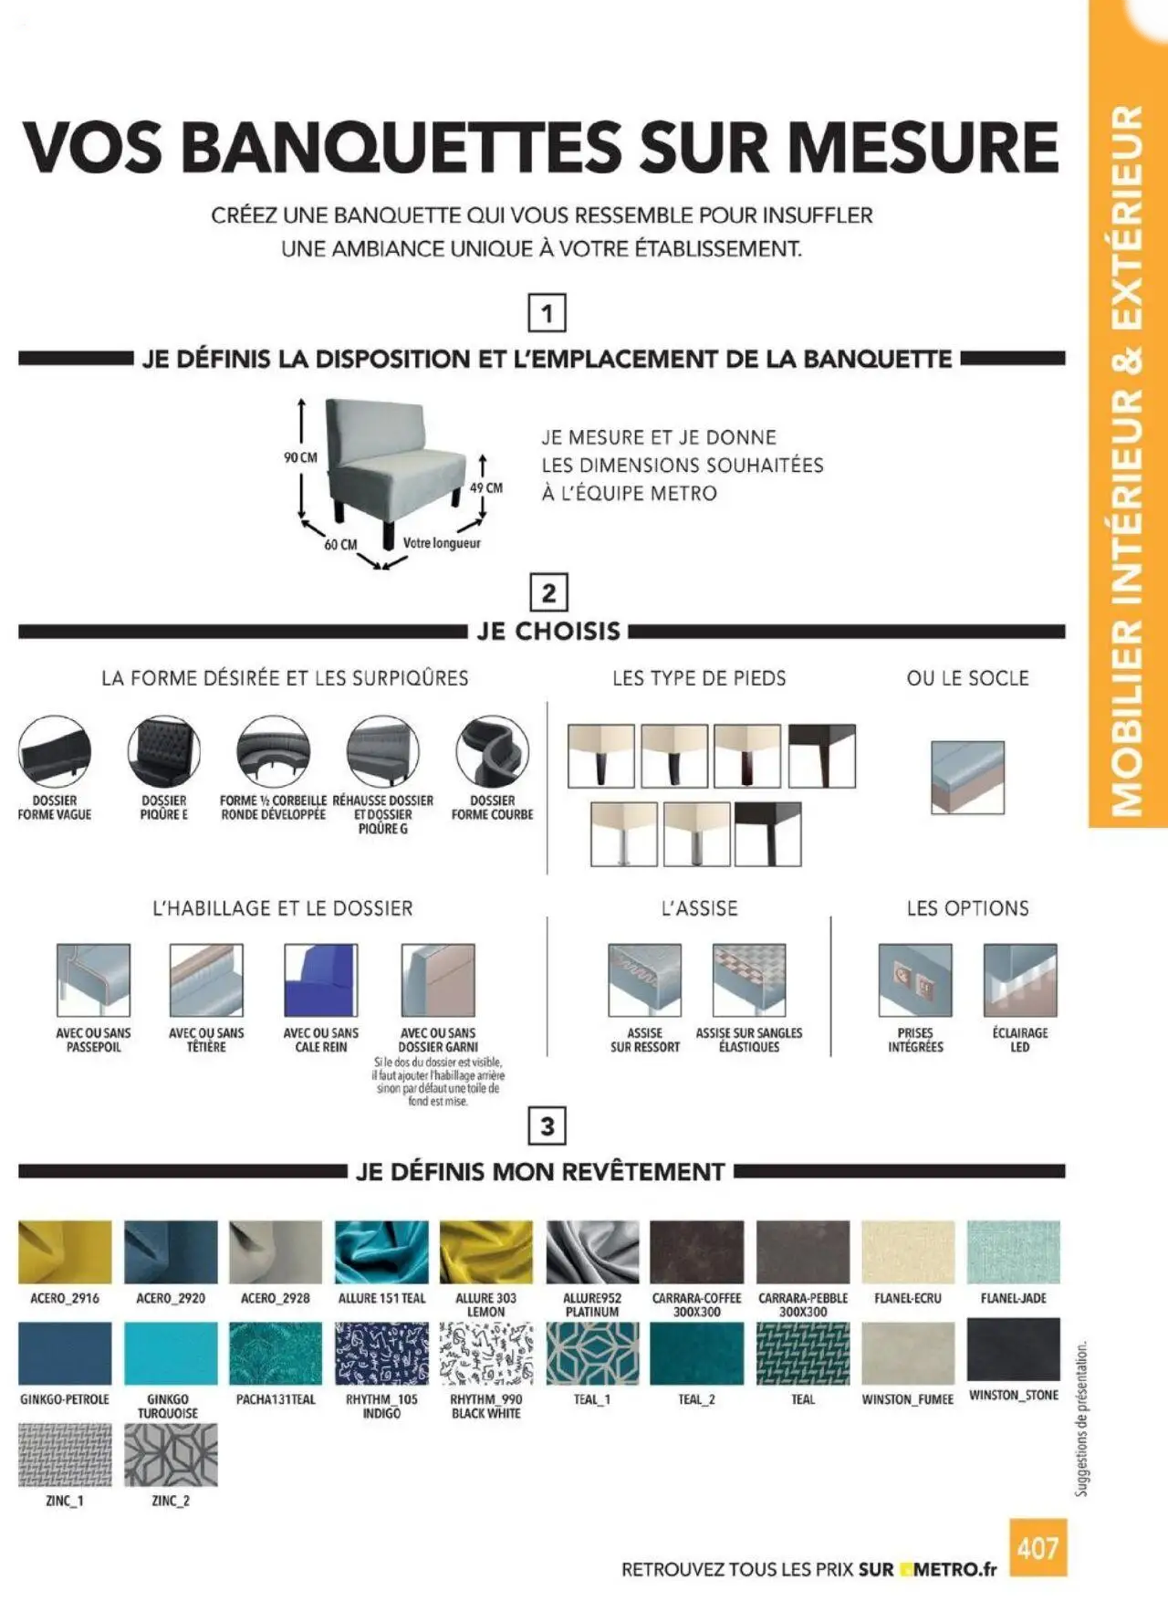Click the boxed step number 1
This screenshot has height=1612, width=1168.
coord(547,314)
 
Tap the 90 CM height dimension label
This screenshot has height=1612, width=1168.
coord(300,457)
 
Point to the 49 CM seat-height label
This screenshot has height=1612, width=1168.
coord(486,488)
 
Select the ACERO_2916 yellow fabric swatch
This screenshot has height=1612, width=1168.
coord(65,1252)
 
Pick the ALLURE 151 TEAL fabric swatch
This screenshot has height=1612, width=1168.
coord(381,1252)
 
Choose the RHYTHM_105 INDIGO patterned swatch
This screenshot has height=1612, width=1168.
coord(381,1354)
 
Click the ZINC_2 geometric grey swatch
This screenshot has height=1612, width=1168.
coord(171,1455)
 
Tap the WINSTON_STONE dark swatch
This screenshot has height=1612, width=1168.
coord(1013,1350)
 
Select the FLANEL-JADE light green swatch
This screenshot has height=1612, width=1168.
coord(1013,1252)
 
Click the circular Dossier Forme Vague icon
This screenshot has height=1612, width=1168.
coord(55,752)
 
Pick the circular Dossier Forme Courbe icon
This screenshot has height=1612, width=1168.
coord(492,752)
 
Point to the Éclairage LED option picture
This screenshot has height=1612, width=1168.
coord(1020,980)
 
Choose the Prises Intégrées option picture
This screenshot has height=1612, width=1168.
coord(915,980)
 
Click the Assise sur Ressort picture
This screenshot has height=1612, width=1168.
coord(644,980)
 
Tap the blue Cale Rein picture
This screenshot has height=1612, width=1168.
coord(321,980)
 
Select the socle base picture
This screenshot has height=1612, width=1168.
coord(967,777)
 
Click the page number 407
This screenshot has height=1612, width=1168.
coord(1038,1548)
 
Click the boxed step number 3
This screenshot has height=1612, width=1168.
coord(547,1125)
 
